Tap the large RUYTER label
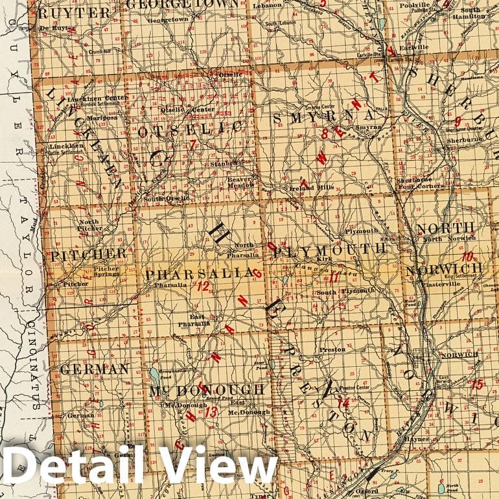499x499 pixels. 74,13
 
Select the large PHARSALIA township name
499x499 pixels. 198,275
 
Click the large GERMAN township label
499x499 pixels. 95,369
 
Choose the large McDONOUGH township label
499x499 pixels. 207,389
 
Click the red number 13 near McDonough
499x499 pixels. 211,411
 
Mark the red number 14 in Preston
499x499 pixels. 343,402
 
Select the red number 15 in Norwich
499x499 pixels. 477,384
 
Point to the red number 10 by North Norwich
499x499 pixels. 467,256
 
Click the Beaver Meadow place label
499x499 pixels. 239,181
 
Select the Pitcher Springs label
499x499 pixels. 107,271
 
